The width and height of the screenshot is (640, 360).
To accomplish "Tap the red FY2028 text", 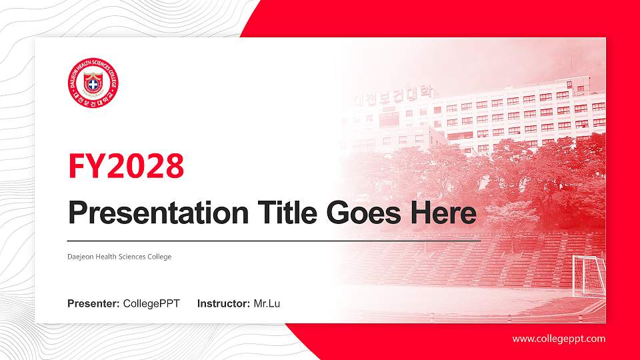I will (x=126, y=167).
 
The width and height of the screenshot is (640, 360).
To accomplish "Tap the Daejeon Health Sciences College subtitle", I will (x=119, y=257).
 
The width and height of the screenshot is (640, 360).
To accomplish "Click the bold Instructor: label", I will (x=224, y=304).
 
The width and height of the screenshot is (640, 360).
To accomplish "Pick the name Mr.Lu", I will (x=267, y=304).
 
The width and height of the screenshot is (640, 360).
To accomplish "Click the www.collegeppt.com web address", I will (x=559, y=339).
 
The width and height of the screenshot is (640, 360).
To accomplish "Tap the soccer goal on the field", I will (x=589, y=275).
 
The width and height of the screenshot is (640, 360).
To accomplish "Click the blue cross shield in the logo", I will (x=93, y=84).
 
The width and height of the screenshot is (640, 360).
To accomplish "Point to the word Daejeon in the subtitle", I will (x=80, y=257).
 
